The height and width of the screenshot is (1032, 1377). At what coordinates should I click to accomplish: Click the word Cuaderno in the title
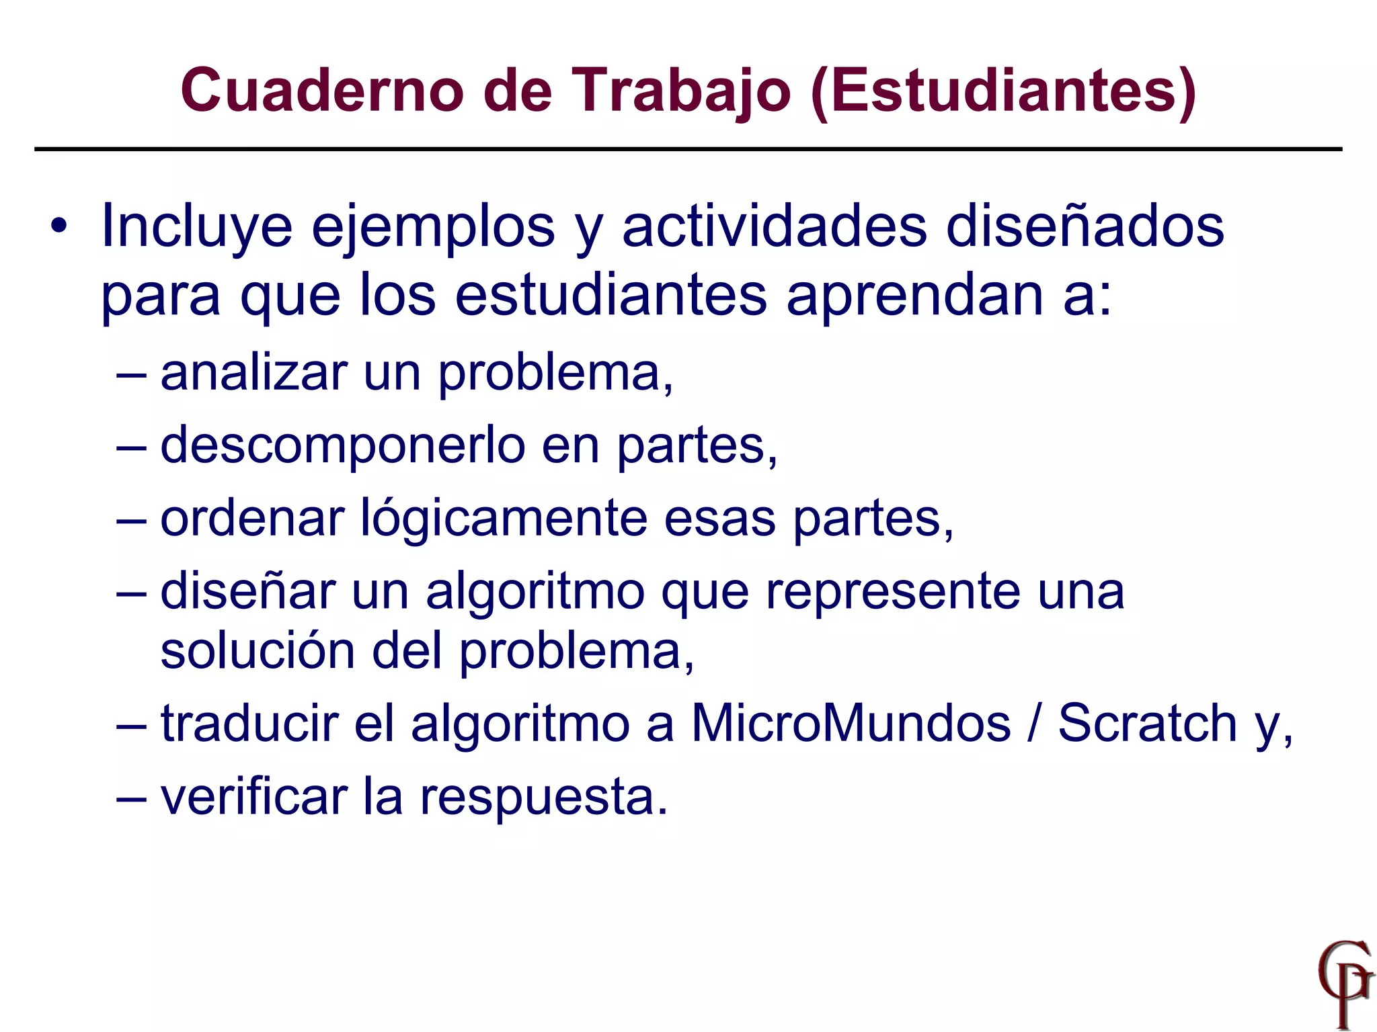pos(322,91)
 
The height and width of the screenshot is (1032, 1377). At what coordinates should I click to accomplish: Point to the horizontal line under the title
pos(688,149)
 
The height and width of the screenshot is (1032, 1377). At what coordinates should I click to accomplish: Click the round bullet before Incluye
pos(59,226)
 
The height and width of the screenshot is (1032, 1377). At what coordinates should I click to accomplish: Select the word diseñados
pos(1085,226)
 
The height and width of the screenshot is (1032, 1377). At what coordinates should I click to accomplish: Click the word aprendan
pos(915,296)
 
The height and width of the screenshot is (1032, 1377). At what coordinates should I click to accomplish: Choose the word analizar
pos(254,373)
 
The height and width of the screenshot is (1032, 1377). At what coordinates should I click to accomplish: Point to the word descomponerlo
pos(343,445)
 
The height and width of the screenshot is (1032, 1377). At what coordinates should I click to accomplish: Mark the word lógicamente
pos(504,519)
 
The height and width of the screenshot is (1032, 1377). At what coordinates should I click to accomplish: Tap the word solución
pos(258,651)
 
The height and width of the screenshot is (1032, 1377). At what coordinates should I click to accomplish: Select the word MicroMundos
pos(851,724)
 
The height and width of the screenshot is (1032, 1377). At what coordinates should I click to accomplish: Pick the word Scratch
pos(1148,724)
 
